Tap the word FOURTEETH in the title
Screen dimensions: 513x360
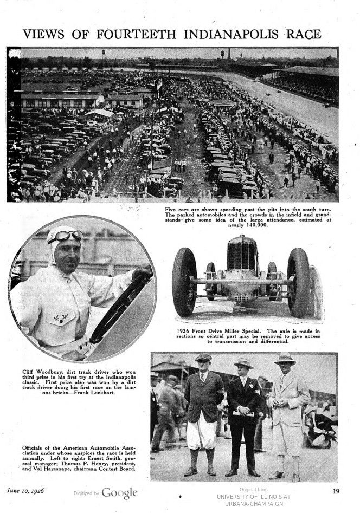tap(137, 34)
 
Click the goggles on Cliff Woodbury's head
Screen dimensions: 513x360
tap(65, 236)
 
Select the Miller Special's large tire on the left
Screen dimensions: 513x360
tap(185, 282)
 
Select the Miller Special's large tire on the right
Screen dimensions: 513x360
tap(298, 282)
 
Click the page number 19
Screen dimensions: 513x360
tap(336, 491)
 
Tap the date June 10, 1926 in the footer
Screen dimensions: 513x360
tap(25, 491)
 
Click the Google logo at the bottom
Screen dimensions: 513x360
tap(119, 493)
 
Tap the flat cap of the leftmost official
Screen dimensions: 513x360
tap(204, 358)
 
